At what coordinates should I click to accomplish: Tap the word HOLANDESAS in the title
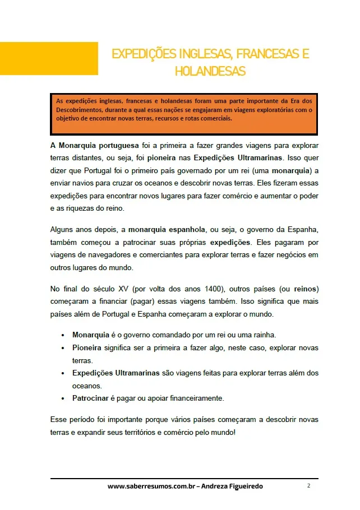(210, 72)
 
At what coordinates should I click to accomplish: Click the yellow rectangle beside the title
(49, 58)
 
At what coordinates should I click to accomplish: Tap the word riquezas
(82, 208)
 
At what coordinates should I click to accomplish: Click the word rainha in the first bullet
(261, 335)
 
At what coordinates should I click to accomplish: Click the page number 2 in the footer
(308, 485)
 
